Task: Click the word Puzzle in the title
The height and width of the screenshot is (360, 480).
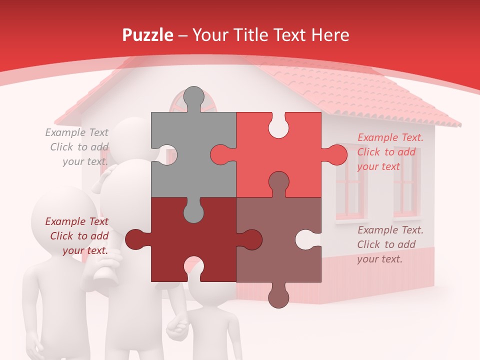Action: (148, 35)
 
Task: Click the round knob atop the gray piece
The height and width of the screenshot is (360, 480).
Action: (194, 96)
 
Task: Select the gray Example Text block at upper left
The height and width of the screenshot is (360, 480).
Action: (77, 147)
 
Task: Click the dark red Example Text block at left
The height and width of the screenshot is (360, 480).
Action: (77, 236)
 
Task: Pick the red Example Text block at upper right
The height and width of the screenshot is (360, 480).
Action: (390, 152)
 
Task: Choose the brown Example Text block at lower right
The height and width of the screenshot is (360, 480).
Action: (390, 244)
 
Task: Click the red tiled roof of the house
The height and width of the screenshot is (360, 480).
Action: (350, 90)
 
